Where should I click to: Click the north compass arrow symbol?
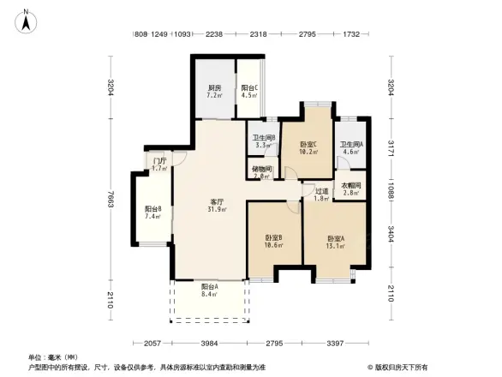click(27, 20)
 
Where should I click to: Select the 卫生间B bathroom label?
click(263, 141)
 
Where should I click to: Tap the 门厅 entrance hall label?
click(158, 163)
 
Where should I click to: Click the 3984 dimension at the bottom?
click(210, 343)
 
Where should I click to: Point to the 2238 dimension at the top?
click(214, 34)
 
